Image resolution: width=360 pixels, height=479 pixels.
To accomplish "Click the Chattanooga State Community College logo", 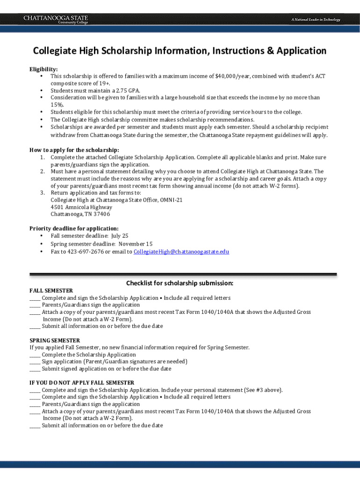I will coord(56,19).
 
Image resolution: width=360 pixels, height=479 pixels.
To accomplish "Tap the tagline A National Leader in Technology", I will coord(316,20).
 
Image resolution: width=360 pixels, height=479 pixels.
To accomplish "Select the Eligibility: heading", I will coord(43,69).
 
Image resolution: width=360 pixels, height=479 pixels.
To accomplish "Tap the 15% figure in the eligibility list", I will coord(57,105).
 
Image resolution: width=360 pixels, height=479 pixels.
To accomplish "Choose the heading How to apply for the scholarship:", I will coord(74,150).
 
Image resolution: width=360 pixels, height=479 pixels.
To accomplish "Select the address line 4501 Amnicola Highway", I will coord(81,207).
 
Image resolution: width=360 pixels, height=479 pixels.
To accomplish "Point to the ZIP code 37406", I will coord(101,214).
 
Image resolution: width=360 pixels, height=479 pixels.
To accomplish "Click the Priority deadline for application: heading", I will coord(74,228).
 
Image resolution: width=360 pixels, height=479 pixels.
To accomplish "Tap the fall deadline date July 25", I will coord(119,236).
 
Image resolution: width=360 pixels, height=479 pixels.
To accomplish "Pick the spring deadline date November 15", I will coord(135,244).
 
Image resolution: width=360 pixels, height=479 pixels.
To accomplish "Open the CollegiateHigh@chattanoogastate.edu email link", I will coord(181,252).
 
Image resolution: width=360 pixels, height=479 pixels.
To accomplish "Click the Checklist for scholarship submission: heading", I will coord(180,283).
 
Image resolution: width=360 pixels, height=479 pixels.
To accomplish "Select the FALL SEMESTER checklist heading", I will coord(51,290).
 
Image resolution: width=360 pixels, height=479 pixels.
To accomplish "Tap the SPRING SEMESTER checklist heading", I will coord(55,340).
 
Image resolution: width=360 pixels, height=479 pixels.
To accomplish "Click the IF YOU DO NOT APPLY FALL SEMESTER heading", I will coord(82,383).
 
